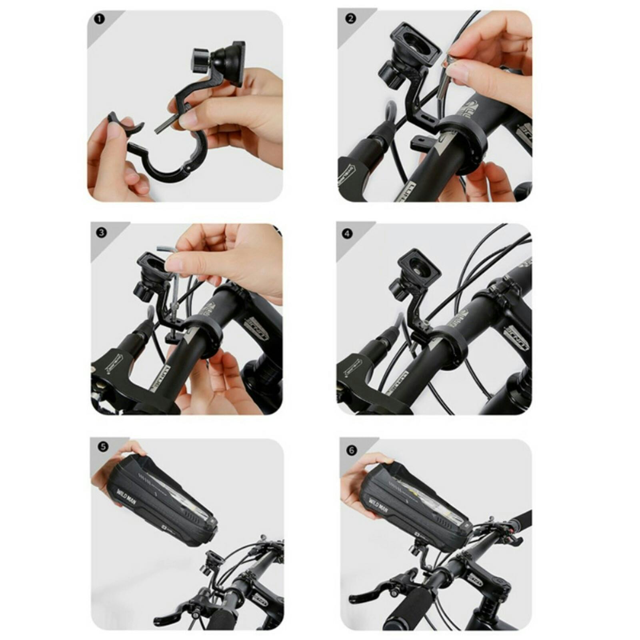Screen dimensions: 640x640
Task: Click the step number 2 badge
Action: (x=350, y=19)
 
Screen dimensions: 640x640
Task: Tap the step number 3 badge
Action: (x=102, y=232)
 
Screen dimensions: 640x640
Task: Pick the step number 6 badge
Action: (x=352, y=450)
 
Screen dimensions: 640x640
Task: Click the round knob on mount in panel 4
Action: (x=398, y=289)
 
